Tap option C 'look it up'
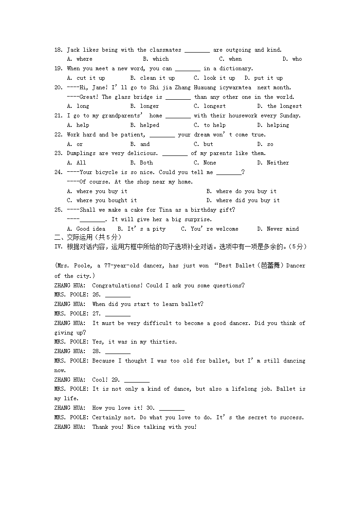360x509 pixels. coord(214,78)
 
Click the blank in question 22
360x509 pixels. coord(162,135)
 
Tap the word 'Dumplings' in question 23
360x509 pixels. coord(81,153)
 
